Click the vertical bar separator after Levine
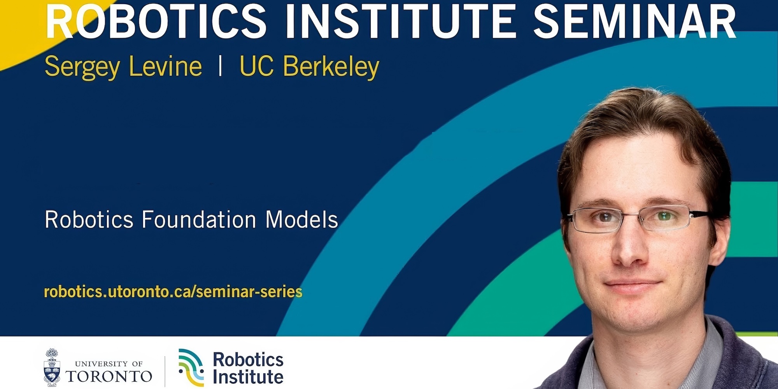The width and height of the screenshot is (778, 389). click(x=221, y=66)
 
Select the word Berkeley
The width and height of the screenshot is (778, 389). click(x=331, y=67)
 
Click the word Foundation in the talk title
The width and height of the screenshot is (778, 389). click(x=199, y=219)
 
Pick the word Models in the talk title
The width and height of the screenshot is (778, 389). click(x=302, y=219)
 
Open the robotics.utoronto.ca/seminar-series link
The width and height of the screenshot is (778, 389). click(x=173, y=292)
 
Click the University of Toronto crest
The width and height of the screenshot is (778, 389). click(x=52, y=367)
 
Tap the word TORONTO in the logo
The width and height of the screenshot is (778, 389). click(x=109, y=376)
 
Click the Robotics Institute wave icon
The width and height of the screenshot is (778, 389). click(x=191, y=368)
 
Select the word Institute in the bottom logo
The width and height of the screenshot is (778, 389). click(x=248, y=377)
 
